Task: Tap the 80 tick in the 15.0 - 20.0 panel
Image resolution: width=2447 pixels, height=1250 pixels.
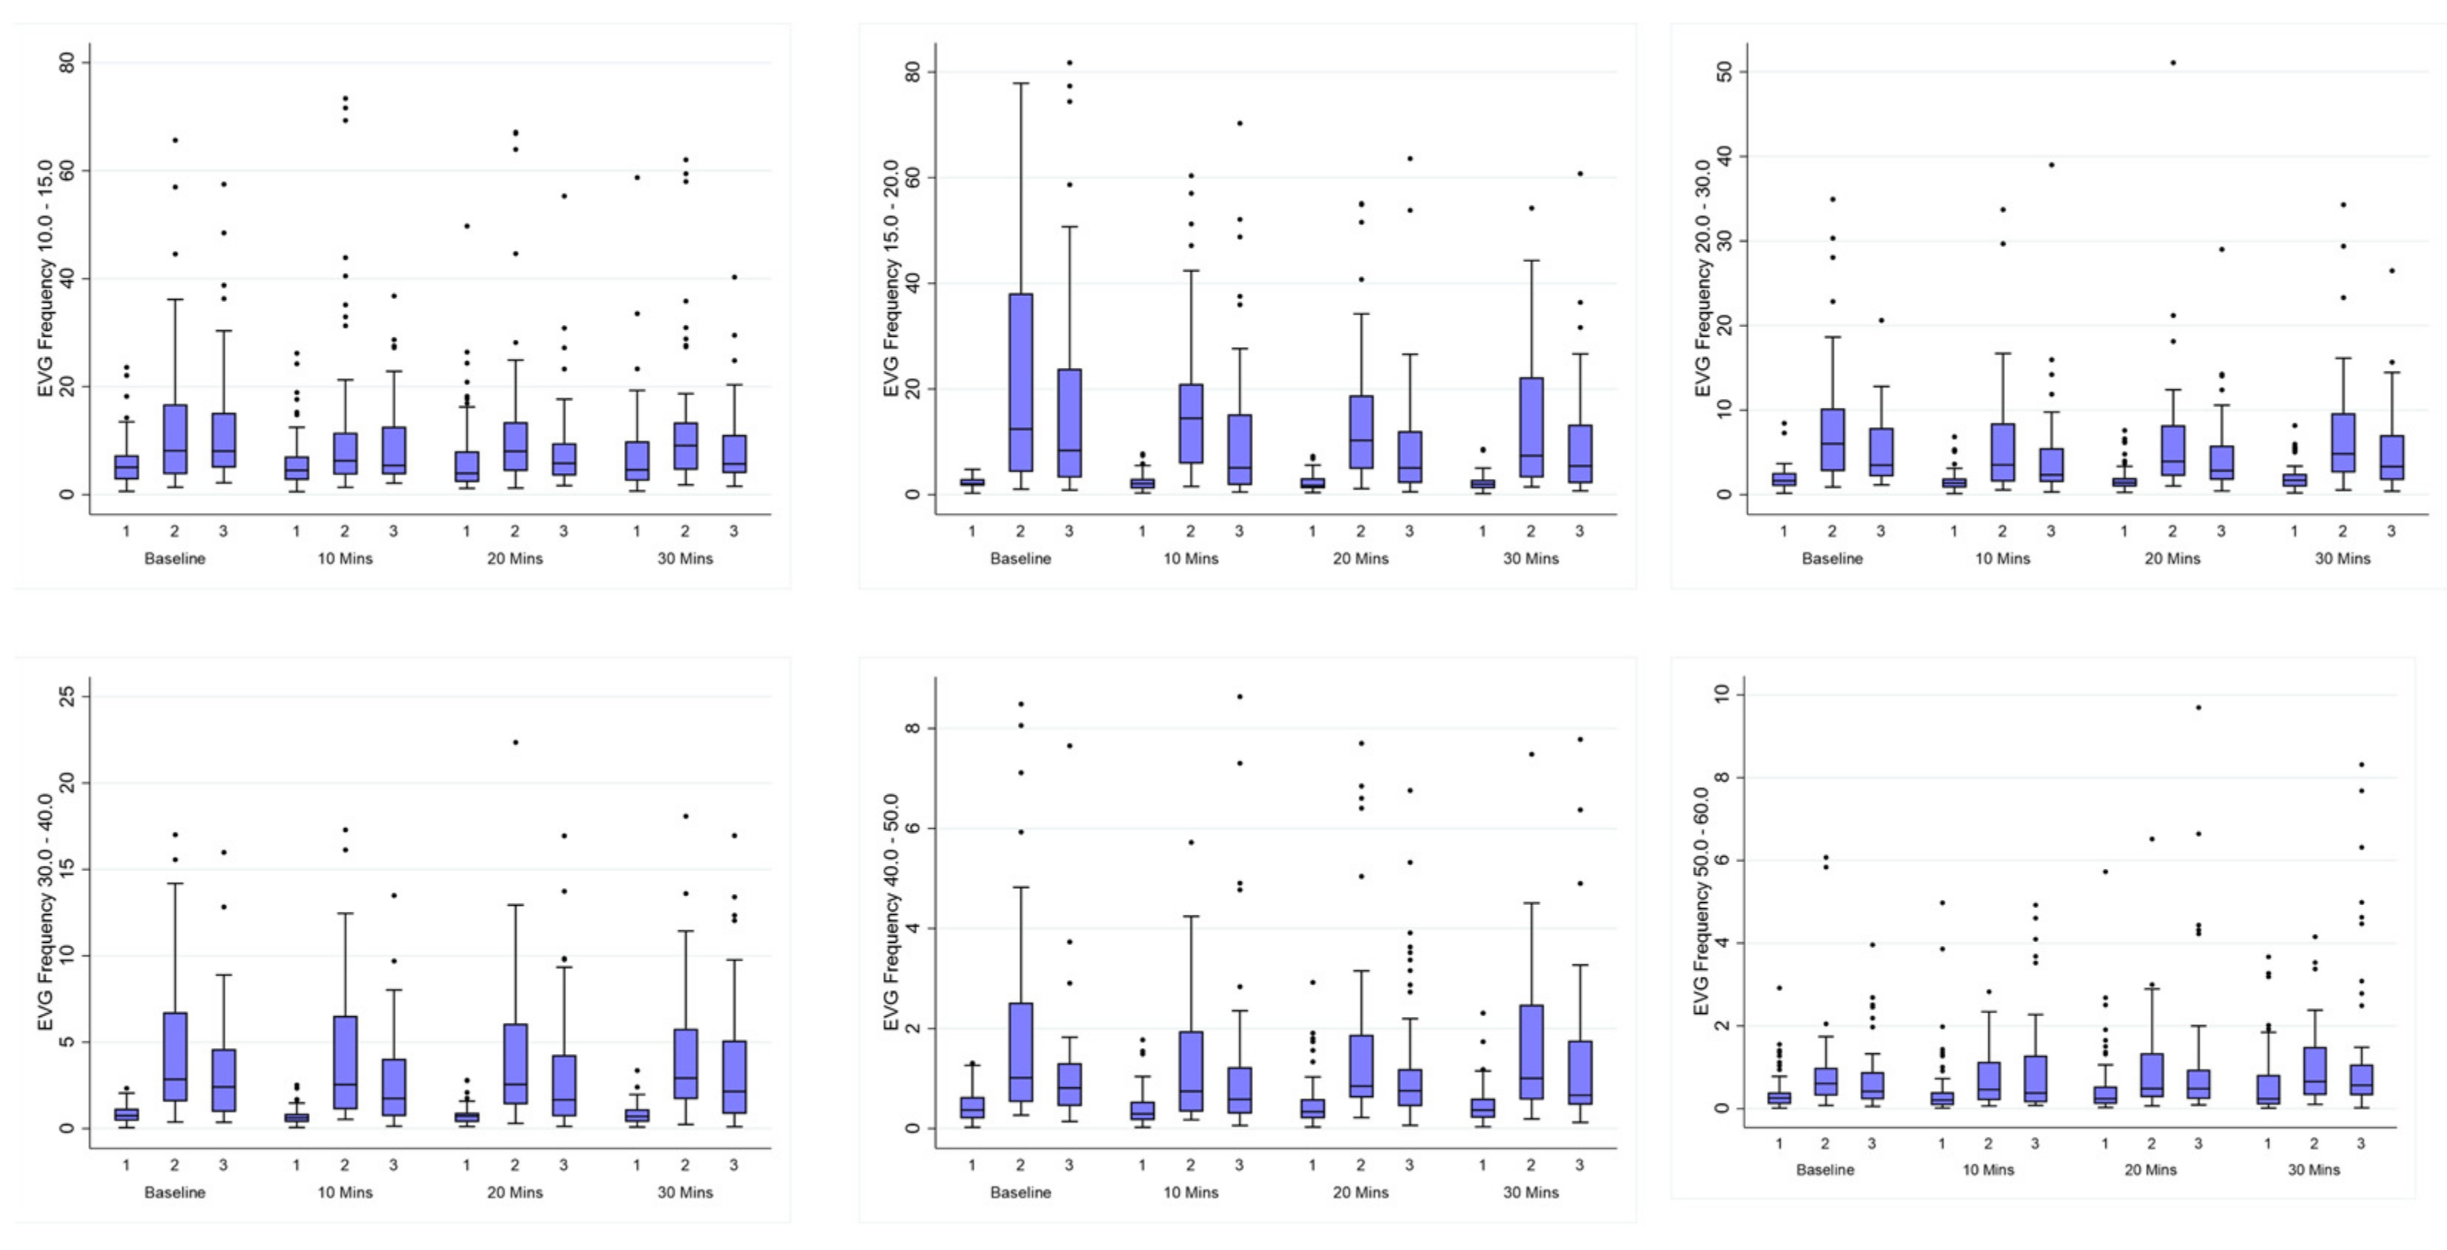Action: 913,73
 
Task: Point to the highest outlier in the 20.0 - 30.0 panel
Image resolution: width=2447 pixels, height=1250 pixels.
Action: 2172,63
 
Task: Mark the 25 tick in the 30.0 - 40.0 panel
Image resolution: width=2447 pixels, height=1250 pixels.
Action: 67,696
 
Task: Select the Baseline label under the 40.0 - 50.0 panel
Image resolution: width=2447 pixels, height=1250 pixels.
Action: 1020,1192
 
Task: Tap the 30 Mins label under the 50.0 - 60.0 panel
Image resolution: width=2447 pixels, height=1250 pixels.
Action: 2313,1169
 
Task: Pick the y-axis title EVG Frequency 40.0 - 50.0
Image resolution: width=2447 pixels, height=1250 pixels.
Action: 891,913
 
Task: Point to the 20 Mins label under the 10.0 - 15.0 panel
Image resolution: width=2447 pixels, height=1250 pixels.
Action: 515,559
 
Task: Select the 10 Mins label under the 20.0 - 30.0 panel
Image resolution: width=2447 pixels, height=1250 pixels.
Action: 2002,559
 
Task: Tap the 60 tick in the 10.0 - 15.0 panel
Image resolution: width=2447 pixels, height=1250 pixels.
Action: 67,171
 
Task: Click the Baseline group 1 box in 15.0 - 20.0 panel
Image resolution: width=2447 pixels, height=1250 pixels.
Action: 972,483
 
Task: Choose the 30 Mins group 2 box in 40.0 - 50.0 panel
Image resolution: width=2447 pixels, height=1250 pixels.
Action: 1531,1052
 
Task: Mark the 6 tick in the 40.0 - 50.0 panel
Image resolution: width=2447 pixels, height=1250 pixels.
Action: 913,828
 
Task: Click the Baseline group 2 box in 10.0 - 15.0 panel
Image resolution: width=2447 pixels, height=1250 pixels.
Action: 175,439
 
